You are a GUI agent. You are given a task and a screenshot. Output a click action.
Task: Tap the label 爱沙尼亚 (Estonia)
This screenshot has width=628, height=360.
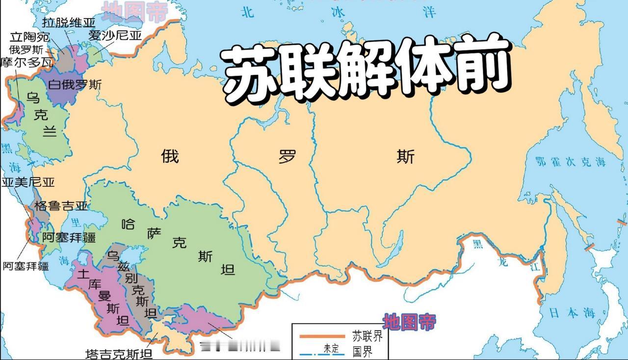tap(115, 36)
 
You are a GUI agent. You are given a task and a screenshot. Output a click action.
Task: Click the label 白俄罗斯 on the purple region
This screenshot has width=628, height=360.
tap(75, 84)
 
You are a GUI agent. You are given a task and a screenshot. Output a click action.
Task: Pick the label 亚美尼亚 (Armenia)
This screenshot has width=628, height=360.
tap(28, 182)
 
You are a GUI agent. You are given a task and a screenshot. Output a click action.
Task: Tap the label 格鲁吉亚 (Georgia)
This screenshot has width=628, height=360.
tap(61, 206)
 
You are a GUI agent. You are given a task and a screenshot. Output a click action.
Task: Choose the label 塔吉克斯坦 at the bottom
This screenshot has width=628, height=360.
tap(118, 353)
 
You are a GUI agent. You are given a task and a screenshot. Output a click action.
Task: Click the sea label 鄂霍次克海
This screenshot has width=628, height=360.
tap(571, 162)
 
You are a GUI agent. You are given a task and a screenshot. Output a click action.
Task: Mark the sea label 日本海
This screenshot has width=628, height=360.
tap(571, 312)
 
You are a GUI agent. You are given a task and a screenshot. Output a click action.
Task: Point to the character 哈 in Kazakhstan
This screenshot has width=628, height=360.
tap(128, 225)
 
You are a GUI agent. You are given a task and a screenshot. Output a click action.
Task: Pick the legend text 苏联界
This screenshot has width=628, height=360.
tap(367, 336)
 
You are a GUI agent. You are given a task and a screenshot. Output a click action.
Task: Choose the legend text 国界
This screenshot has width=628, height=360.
tap(363, 351)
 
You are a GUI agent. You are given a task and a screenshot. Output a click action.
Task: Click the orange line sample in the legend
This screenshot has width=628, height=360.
tap(322, 336)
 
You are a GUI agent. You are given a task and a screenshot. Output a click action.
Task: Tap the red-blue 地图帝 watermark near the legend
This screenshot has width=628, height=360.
tap(410, 322)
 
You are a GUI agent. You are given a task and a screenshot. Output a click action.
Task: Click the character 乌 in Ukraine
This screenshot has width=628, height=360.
tap(33, 98)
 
